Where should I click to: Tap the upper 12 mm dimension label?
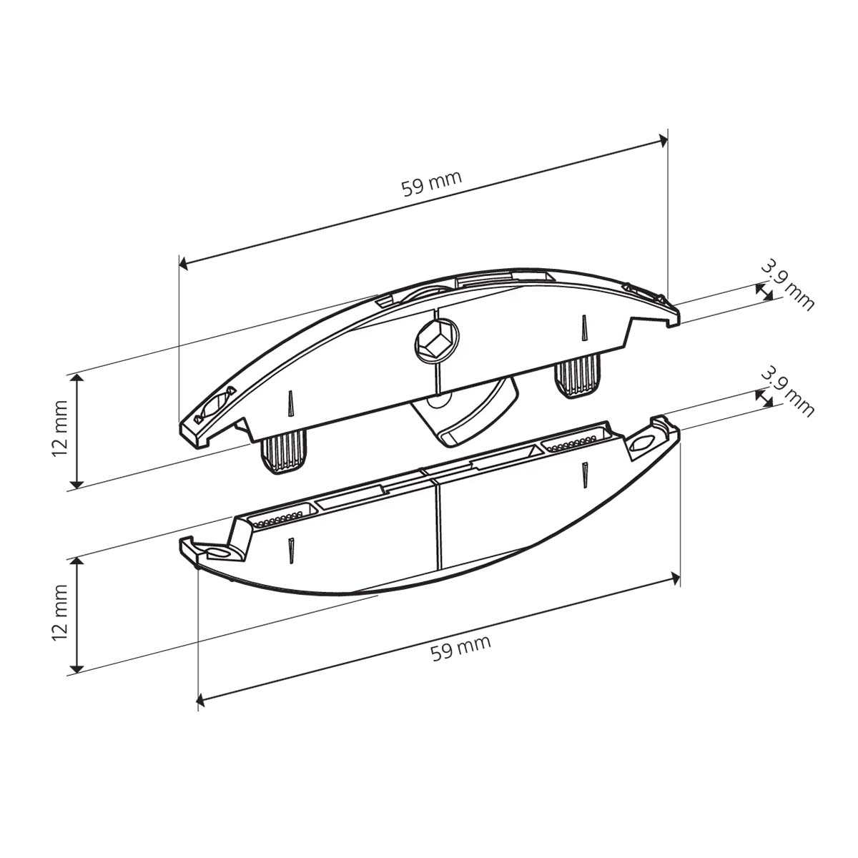tap(60, 428)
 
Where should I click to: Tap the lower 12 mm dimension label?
tap(60, 612)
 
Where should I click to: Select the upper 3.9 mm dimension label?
tap(787, 286)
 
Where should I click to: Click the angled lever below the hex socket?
tap(465, 412)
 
